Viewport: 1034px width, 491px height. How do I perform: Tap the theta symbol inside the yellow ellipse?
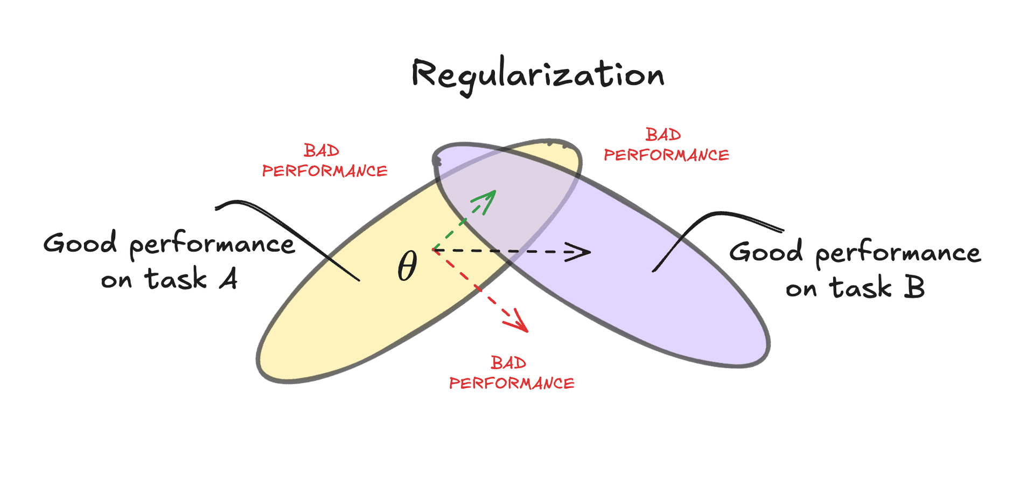coord(407,266)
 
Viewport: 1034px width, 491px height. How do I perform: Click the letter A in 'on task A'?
coord(228,279)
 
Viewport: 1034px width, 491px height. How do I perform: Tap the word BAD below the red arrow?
coord(508,363)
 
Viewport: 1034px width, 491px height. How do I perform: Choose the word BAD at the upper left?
coord(321,150)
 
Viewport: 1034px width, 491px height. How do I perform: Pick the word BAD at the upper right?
coord(663,135)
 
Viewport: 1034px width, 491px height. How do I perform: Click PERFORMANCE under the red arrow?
coord(512,383)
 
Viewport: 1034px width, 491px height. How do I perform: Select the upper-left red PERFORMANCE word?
coord(325,171)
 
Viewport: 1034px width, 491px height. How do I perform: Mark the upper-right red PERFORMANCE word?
coord(666,155)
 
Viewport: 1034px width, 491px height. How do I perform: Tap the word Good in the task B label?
coord(766,251)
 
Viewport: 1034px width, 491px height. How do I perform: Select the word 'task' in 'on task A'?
coord(176,279)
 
